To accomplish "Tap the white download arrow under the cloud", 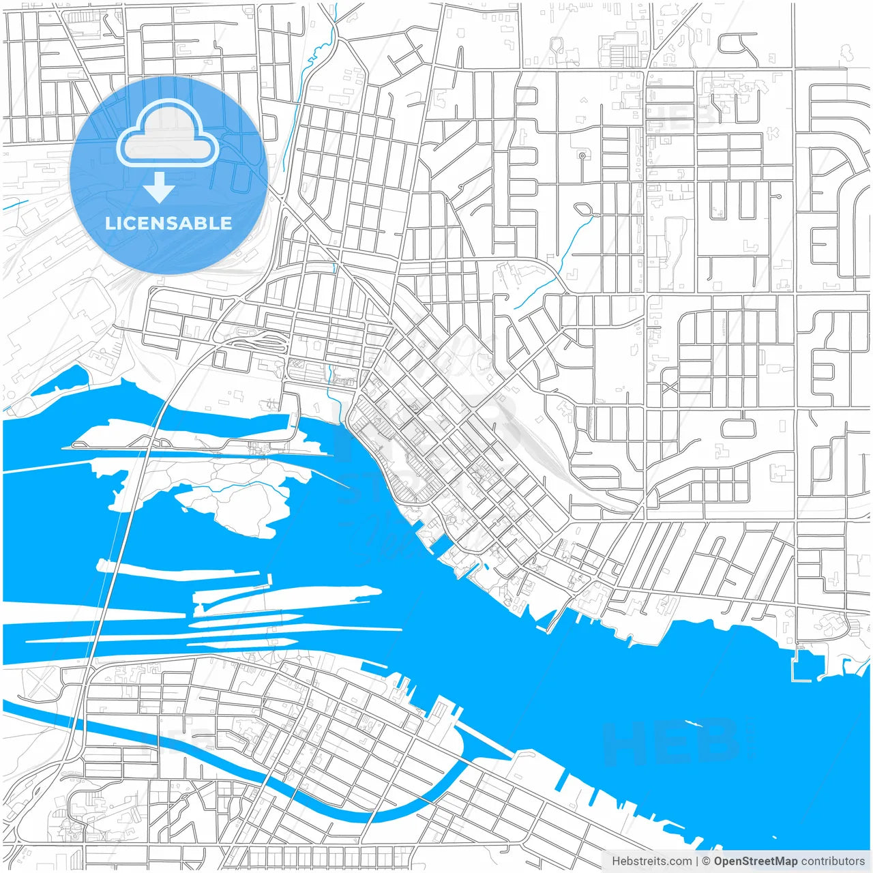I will click(x=159, y=188).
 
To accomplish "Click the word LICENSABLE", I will click(x=168, y=223).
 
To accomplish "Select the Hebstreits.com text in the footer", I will click(x=651, y=861).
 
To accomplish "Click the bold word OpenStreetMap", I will click(x=756, y=861).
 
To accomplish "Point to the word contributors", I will click(x=833, y=861).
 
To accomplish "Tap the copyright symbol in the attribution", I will click(x=707, y=861).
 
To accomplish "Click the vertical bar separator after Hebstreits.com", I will click(x=697, y=861).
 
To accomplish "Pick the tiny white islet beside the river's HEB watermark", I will click(x=694, y=724).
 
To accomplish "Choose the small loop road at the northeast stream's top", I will click(x=582, y=209).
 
